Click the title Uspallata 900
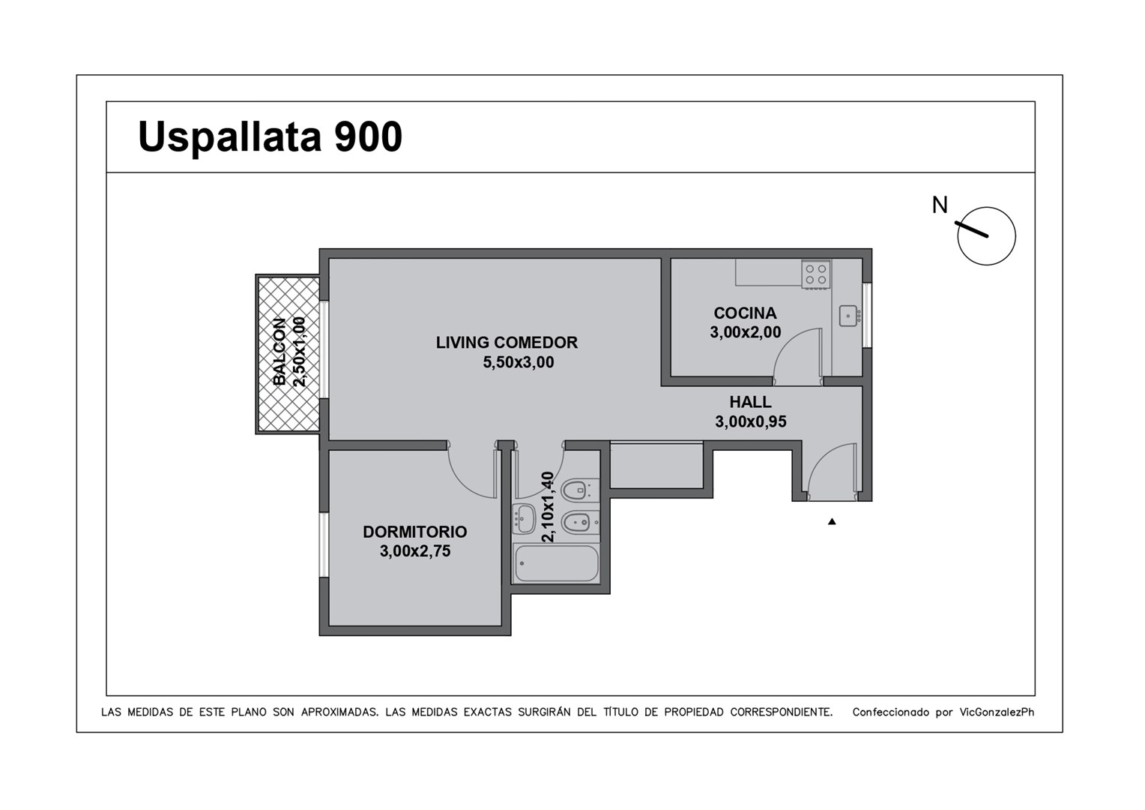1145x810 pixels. (x=270, y=137)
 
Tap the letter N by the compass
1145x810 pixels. (x=940, y=205)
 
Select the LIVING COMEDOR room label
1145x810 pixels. (x=507, y=342)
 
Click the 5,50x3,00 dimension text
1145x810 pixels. (x=519, y=362)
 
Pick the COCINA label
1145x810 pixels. (x=745, y=313)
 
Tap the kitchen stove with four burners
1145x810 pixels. (x=816, y=274)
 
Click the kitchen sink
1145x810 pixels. (x=849, y=316)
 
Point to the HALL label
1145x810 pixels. (x=750, y=402)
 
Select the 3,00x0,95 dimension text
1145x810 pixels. (x=750, y=421)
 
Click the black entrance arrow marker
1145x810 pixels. (x=832, y=521)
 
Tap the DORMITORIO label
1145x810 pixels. (x=414, y=532)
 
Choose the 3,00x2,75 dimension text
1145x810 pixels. (x=415, y=551)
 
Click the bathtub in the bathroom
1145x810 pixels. (x=556, y=563)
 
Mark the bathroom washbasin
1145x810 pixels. (x=524, y=518)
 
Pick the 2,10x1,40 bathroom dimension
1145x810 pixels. (x=547, y=506)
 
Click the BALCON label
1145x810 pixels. (x=279, y=352)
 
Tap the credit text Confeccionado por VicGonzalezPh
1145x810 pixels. (x=943, y=712)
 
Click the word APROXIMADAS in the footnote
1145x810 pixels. (x=340, y=712)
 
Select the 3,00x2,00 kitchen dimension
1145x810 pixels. (x=746, y=332)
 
